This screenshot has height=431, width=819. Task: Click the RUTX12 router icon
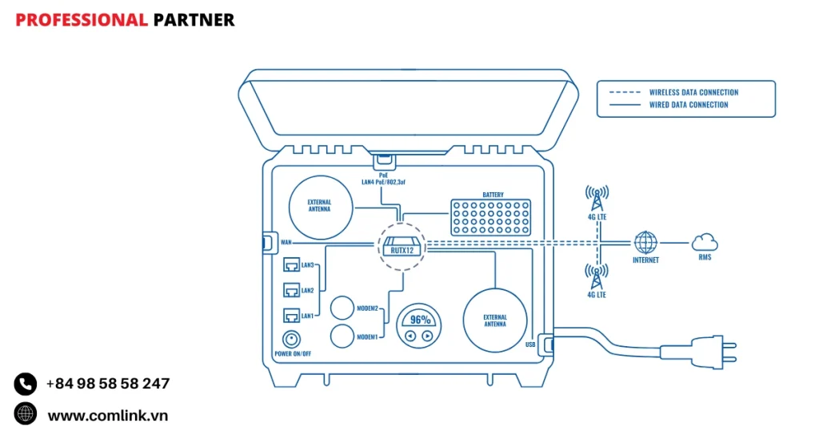pos(400,244)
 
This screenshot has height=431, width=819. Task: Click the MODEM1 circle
pos(343,336)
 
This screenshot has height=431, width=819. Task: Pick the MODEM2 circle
pos(343,308)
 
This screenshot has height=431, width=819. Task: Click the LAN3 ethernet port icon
pos(291,264)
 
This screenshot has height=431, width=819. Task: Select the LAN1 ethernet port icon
pos(291,316)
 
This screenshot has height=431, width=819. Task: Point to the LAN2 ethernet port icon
pos(291,290)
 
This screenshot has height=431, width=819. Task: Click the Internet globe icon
pos(645,242)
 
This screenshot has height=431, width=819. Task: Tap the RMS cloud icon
pos(704,241)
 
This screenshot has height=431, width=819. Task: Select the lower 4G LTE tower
pos(597,276)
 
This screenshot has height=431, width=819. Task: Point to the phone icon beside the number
pos(26,384)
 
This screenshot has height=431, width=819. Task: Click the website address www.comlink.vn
pos(108,415)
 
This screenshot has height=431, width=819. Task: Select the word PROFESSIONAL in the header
pos(82,20)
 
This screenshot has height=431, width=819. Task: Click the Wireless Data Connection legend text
pos(693,92)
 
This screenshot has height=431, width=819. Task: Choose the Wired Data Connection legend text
pos(689,105)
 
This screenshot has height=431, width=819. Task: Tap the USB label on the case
pos(530,344)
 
